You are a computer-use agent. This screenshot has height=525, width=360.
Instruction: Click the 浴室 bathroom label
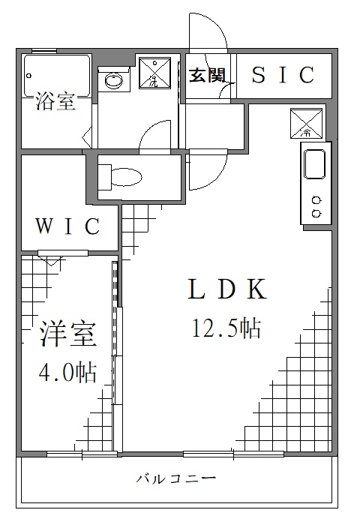coord(55,103)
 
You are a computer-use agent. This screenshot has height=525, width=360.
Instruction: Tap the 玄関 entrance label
coord(206,75)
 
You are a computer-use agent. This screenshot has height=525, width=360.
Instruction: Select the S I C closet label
coord(282,75)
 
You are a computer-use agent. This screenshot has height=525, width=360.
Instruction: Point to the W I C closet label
coord(68,226)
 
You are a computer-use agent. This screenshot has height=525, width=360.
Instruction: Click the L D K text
coord(226,289)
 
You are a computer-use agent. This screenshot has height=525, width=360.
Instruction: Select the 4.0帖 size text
coord(68,372)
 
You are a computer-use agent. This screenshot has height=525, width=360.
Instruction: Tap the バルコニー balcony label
coord(177,478)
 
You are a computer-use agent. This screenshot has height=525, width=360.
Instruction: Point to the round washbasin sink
coord(115,80)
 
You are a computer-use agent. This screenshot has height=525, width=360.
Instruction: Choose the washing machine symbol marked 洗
coord(154,72)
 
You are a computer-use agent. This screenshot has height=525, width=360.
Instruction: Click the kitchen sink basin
coord(313,166)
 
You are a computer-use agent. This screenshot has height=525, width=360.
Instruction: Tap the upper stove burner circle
coord(316,200)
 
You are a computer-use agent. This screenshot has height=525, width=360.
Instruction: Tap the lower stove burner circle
coord(316,213)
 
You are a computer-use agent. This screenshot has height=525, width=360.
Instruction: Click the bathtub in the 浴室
coord(57,73)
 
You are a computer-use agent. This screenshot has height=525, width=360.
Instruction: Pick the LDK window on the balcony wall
coord(233,453)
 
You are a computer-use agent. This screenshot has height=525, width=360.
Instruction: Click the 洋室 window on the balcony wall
coord(81,453)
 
